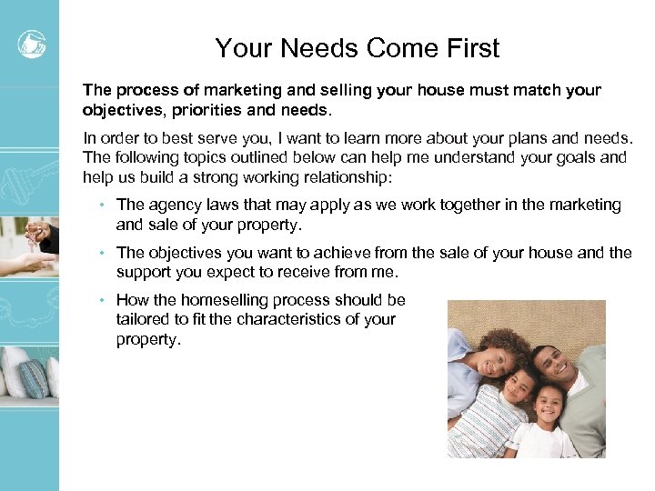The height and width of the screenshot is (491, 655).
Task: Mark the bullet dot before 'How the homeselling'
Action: [x=105, y=300]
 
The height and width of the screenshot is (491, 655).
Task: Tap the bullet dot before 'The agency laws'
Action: [x=105, y=205]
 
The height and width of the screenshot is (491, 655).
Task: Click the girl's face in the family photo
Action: [x=549, y=410]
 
